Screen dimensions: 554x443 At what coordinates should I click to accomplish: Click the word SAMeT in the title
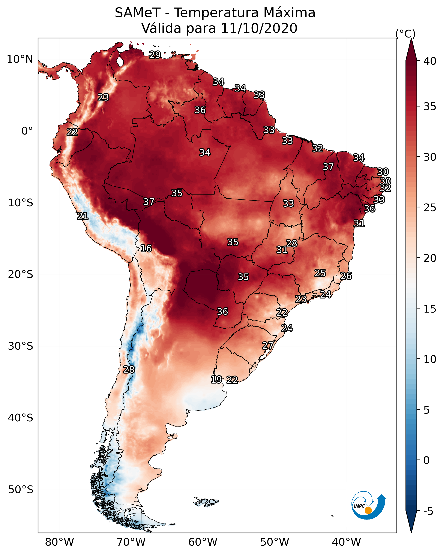[138, 13]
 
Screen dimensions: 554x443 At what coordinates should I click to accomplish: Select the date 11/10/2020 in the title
[259, 28]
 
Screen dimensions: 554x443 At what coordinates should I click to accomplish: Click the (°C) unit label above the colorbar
[405, 34]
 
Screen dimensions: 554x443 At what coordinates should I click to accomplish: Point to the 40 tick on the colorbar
[430, 61]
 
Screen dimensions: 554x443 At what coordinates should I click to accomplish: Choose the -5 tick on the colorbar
[428, 511]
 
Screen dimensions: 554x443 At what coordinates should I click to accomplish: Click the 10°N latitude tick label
[20, 59]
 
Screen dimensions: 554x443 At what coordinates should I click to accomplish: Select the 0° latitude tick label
[27, 131]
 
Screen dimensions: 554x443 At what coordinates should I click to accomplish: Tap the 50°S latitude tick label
[21, 490]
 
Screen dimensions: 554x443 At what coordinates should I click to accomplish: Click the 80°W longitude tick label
[59, 542]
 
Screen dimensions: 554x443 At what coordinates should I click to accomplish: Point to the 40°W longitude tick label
[346, 542]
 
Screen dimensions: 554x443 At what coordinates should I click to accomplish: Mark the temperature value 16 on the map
[146, 249]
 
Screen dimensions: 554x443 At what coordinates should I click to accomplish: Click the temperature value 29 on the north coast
[155, 55]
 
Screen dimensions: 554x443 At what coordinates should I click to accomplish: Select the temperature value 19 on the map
[216, 380]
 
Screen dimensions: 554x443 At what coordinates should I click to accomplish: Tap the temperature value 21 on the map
[83, 216]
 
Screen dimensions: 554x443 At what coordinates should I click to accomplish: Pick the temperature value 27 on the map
[268, 346]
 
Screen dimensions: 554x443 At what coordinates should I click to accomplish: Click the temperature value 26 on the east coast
[346, 276]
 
